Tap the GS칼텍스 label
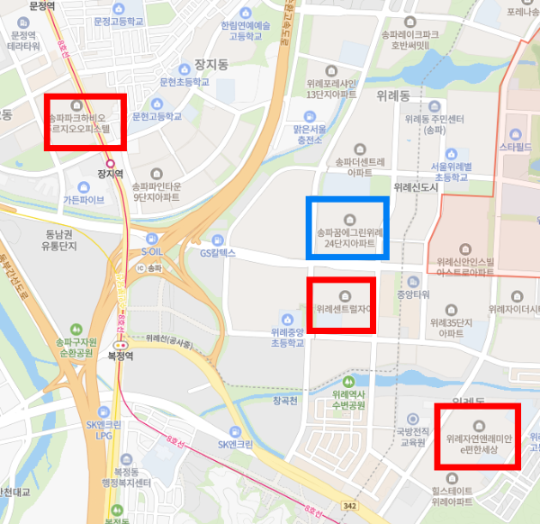click(x=217, y=253)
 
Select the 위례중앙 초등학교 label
click(x=286, y=337)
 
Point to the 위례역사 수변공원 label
click(x=347, y=400)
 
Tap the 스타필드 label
click(x=520, y=144)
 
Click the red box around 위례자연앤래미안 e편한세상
click(x=477, y=437)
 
